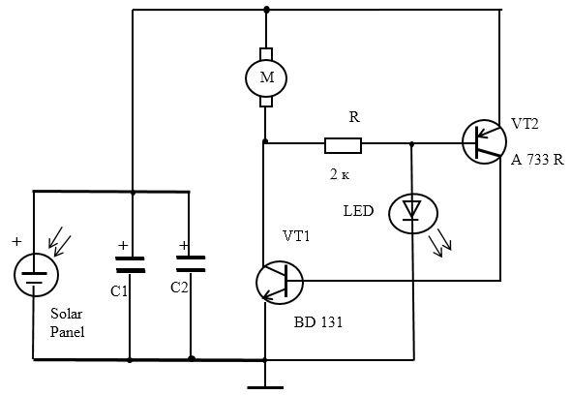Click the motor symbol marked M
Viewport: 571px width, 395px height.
[x=266, y=77]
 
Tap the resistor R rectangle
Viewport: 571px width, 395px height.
[x=343, y=145]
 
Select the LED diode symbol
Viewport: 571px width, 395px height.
[x=413, y=214]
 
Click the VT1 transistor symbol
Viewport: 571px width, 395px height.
[x=280, y=283]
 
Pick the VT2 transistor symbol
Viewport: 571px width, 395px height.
[x=484, y=141]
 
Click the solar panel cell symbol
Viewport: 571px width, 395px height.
[x=36, y=275]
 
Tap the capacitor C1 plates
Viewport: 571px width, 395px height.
[x=130, y=265]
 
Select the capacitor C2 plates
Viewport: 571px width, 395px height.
[x=190, y=264]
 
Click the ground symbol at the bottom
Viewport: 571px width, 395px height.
[x=265, y=387]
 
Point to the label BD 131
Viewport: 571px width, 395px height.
[x=317, y=322]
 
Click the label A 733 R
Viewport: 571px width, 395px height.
[x=537, y=160]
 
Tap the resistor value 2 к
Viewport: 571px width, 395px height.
[x=340, y=174]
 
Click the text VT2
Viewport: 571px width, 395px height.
[x=525, y=124]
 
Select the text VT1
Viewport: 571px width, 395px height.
[x=296, y=236]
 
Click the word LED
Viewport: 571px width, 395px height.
[x=358, y=211]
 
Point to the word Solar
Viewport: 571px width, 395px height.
[x=66, y=314]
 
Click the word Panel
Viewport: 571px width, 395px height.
[x=68, y=332]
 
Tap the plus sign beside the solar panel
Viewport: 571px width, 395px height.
[x=16, y=241]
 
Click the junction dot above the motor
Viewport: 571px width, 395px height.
[x=266, y=9]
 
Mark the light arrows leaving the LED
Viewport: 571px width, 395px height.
[x=440, y=243]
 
